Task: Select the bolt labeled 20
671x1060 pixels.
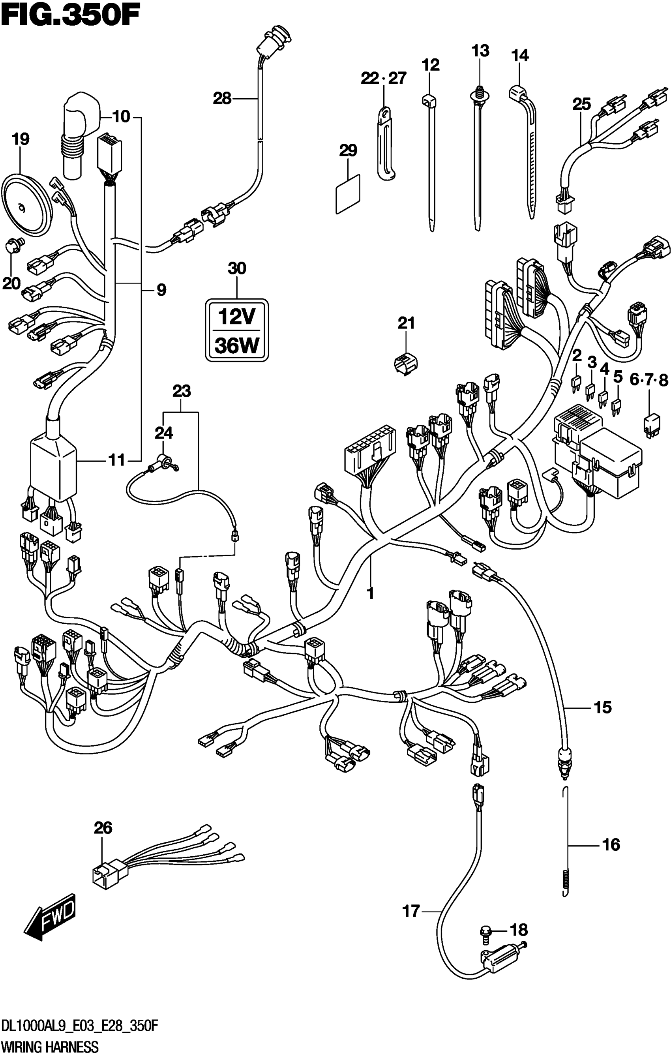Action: tap(15, 245)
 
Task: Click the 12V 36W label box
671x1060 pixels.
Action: tap(237, 330)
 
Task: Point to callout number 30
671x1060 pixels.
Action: tap(237, 268)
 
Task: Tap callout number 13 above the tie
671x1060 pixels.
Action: tap(480, 51)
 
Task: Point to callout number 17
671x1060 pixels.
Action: tap(411, 911)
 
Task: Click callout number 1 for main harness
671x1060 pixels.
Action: tap(371, 593)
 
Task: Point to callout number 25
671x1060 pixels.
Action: tap(581, 104)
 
